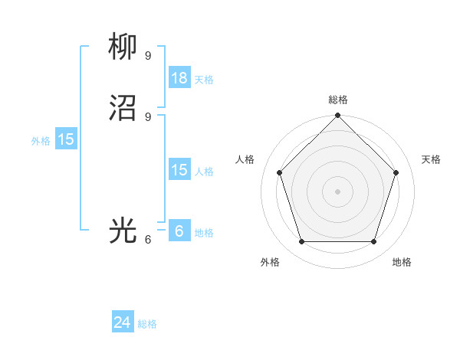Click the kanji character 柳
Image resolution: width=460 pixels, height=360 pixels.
coord(123,48)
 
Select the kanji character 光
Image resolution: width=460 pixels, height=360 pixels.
coord(123,231)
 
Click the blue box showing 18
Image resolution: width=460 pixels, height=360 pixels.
coord(179,78)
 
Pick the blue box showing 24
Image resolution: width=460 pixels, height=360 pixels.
coord(123,323)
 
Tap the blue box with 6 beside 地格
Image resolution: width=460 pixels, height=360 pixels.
coord(179,231)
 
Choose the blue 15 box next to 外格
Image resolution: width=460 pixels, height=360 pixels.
coord(66,139)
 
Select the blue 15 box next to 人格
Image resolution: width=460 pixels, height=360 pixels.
coord(179,170)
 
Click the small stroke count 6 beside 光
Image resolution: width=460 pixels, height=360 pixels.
coord(148,239)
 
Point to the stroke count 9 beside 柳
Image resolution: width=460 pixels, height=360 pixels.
coord(148,55)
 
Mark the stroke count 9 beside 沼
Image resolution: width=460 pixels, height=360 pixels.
coord(148,116)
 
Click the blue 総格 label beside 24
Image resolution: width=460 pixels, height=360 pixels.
coord(147,324)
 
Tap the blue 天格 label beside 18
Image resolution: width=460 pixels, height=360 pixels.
coord(204,80)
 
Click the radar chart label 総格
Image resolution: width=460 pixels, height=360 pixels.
coord(338,100)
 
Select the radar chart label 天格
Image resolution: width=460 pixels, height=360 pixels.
coord(432,159)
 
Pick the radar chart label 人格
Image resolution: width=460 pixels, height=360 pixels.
coord(245,159)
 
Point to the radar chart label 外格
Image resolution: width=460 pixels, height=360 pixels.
coord(270,263)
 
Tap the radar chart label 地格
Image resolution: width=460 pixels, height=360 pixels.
coord(402,263)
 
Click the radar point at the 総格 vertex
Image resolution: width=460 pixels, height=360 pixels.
coord(338,116)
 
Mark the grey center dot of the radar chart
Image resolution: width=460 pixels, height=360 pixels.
coord(338,191)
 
